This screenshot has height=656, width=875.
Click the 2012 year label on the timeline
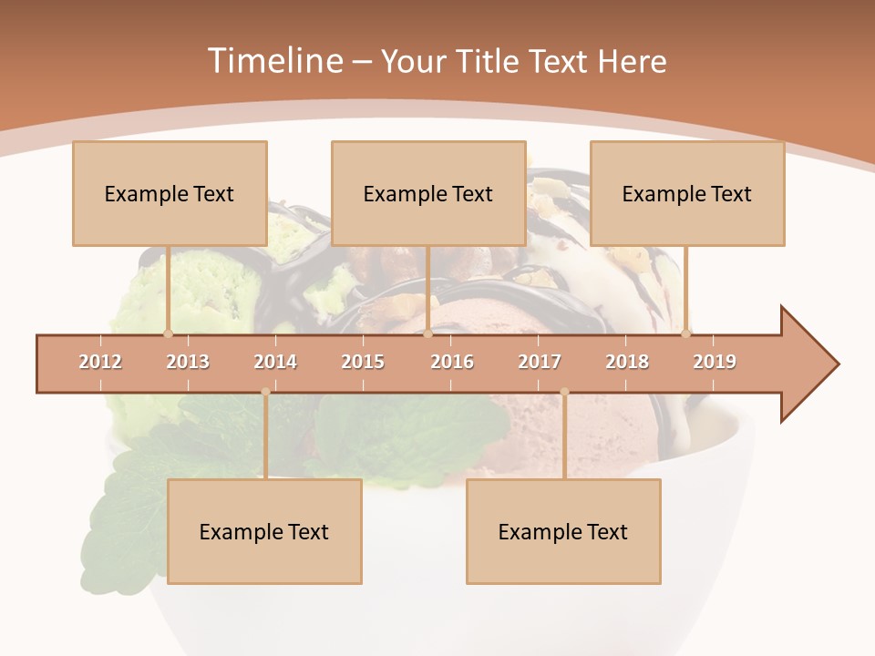[x=100, y=362]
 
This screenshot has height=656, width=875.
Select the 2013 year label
[x=188, y=362]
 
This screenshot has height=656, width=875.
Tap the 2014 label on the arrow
[x=275, y=362]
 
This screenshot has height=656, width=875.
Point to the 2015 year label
[x=363, y=362]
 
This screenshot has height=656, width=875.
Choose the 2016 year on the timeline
[x=452, y=362]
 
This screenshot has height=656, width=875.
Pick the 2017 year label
[x=540, y=362]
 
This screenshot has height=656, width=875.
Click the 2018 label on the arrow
[x=627, y=362]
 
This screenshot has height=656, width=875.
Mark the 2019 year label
[x=715, y=362]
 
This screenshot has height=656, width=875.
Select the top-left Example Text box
[x=170, y=193]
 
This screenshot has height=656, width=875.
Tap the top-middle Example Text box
[x=428, y=193]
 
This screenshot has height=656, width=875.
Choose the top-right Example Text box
[x=687, y=193]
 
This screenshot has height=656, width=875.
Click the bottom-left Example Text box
[x=264, y=531]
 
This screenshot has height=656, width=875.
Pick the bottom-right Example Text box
[x=563, y=531]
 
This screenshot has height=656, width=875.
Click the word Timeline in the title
[x=274, y=61]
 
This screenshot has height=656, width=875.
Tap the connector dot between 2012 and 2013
[x=168, y=333]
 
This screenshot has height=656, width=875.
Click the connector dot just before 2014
[x=265, y=392]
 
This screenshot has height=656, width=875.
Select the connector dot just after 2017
[x=564, y=392]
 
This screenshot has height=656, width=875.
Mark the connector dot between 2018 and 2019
[x=685, y=333]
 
